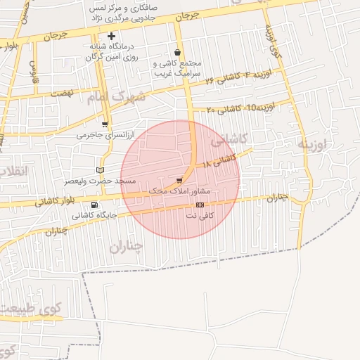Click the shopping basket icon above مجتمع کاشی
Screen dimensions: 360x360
coord(176,53)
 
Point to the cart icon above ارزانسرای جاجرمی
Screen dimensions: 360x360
coord(105,124)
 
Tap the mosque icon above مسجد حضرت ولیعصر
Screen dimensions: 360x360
coord(100,170)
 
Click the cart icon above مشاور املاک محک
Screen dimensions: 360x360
coord(180,180)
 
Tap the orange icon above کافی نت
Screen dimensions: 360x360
coord(200,205)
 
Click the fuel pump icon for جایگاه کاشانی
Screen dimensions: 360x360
coord(94,205)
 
